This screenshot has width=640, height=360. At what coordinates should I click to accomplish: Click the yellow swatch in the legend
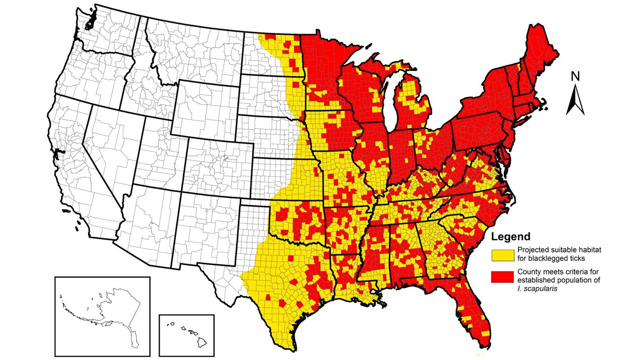502,254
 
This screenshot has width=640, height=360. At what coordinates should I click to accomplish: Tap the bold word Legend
510,237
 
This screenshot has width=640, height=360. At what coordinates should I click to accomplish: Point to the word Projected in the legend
533,250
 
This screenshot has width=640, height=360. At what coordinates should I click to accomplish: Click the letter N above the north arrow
575,77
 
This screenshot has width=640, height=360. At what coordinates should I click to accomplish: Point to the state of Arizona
149,219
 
